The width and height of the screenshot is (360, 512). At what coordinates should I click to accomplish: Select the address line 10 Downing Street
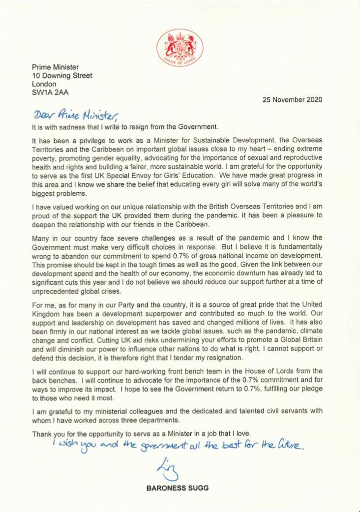pos(61,76)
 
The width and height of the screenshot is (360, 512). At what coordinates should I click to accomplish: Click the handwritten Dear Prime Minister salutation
pos(76,116)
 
